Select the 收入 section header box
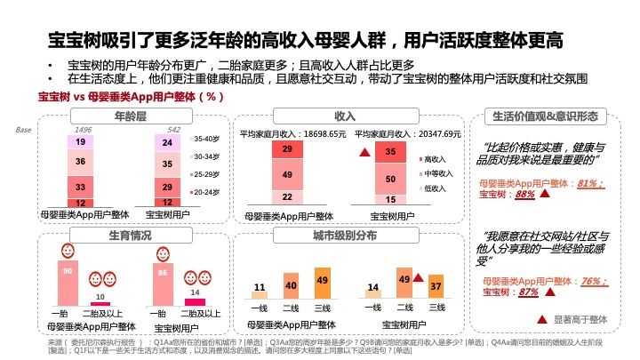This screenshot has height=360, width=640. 345,116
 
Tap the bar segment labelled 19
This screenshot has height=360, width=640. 80,142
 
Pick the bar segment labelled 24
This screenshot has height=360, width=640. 167,142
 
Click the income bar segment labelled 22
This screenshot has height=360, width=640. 287,196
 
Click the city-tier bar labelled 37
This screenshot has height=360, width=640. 436,288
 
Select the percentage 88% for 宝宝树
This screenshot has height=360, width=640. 524,194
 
